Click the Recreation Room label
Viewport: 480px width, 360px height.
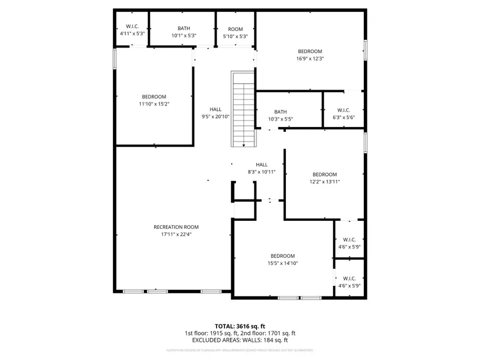(176, 227)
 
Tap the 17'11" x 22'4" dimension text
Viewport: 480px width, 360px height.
(176, 234)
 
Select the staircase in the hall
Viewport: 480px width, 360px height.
(244, 109)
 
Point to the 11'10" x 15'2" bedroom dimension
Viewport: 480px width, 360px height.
(154, 103)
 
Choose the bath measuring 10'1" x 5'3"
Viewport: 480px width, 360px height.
(183, 32)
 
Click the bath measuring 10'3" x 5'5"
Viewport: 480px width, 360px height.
(281, 116)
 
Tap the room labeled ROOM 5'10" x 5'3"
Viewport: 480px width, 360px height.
(235, 32)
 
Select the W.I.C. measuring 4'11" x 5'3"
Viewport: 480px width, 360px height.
(132, 30)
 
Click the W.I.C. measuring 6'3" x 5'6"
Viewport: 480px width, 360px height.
(343, 114)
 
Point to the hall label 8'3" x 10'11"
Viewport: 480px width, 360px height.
(261, 169)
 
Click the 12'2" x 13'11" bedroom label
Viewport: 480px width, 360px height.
(324, 178)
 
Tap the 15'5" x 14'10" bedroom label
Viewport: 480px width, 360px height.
(282, 259)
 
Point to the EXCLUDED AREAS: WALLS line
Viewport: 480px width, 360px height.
(239, 340)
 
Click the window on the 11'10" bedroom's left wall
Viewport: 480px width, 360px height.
(114, 59)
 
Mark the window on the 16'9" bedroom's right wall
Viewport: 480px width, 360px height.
(366, 50)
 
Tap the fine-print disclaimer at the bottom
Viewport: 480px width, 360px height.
(239, 350)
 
